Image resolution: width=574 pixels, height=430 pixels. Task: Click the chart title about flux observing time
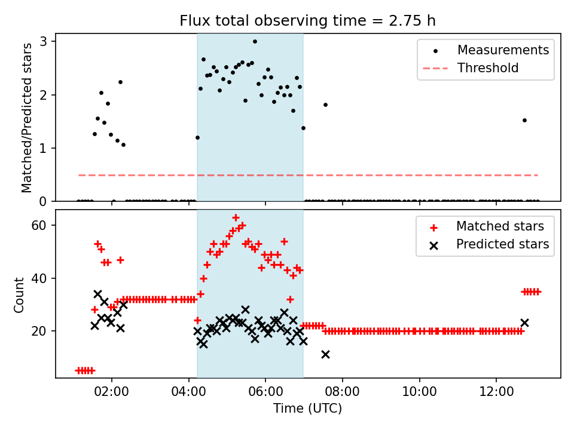[x=308, y=21]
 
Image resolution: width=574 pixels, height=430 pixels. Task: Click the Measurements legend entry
[x=503, y=50]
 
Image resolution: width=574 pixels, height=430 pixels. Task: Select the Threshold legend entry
[x=487, y=68]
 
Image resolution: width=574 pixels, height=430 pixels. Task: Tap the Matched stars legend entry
[x=500, y=226]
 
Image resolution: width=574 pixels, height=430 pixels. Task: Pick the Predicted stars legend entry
[x=502, y=244]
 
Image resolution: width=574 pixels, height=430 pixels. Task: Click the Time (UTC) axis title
[x=308, y=409]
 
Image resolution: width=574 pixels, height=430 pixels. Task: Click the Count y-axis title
[x=19, y=294]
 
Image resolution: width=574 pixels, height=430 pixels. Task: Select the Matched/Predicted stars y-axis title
[x=26, y=118]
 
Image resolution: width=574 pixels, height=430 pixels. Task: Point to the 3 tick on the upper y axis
[x=44, y=41]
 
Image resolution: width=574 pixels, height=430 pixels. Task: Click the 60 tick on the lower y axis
[x=41, y=225]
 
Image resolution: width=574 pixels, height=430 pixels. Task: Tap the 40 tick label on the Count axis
[x=41, y=278]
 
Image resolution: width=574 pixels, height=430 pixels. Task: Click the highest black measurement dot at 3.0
[x=255, y=42]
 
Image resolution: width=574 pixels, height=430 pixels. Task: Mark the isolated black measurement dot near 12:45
[x=524, y=120]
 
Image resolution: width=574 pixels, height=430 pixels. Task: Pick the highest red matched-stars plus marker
[x=236, y=217]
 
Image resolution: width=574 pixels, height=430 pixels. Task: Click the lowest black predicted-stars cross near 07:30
[x=325, y=354]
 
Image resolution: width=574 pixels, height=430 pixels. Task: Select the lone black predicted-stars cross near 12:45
[x=524, y=322]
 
